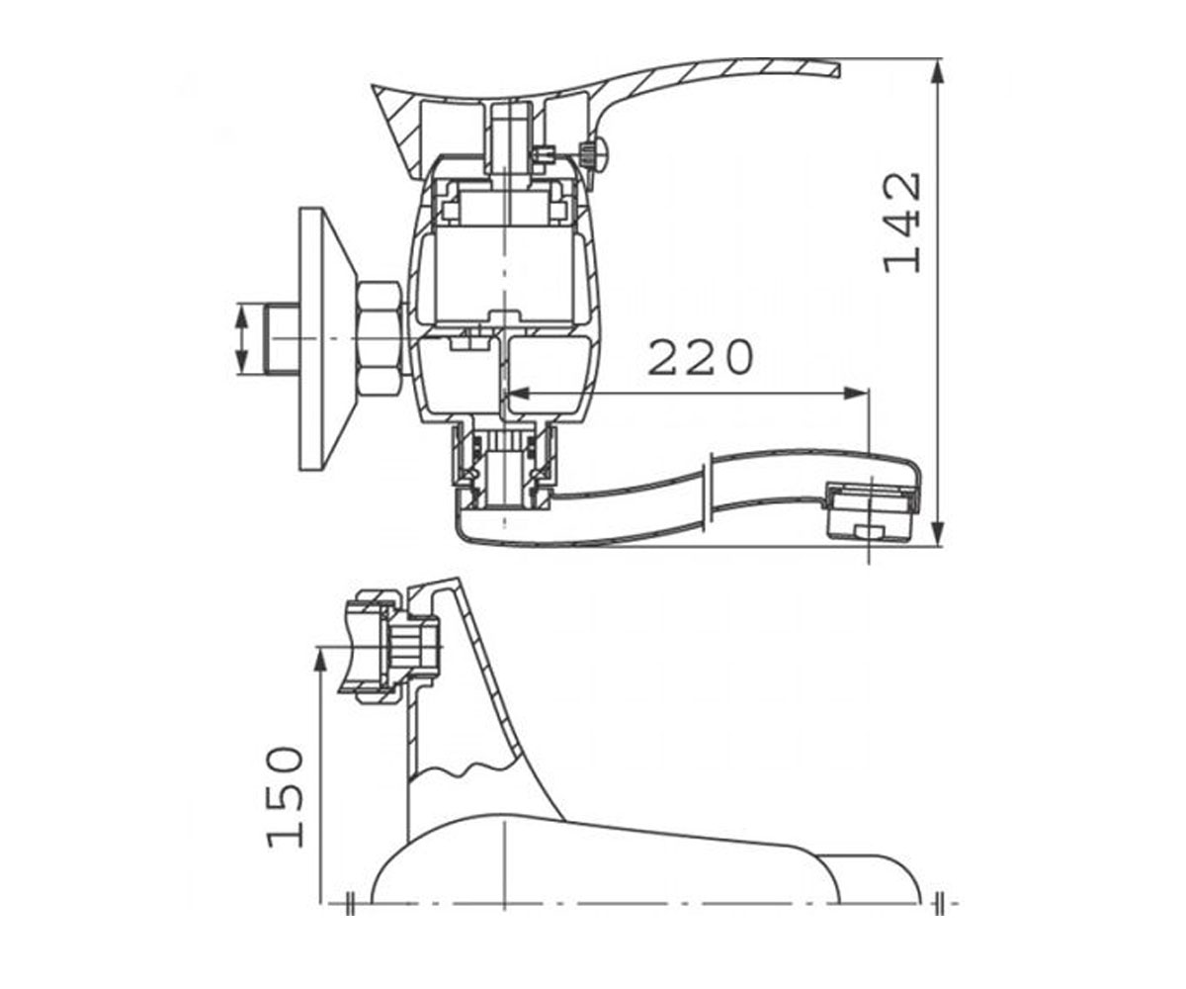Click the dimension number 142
[902, 223]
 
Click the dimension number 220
[701, 357]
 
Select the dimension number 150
[286, 797]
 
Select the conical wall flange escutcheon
[326, 339]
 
